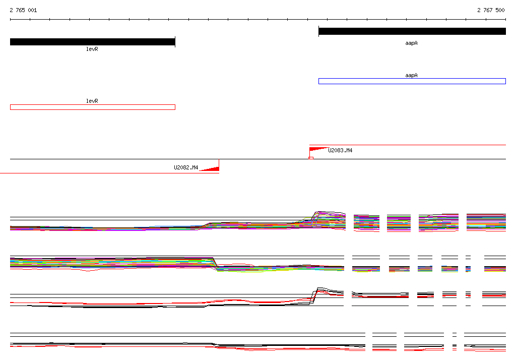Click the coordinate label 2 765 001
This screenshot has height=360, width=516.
click(23, 10)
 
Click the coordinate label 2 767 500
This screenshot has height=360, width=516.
click(491, 10)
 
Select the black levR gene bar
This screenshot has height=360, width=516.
click(93, 42)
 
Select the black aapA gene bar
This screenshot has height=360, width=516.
click(412, 31)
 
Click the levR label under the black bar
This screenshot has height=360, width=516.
click(92, 49)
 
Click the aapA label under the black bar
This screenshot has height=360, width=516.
click(411, 43)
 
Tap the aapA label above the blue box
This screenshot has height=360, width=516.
click(411, 75)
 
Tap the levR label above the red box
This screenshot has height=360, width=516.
click(92, 101)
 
